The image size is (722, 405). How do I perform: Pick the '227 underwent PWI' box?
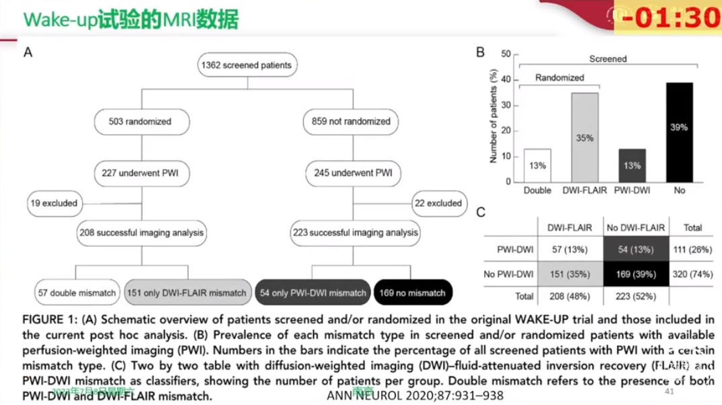140,173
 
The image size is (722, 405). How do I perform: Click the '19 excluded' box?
54,203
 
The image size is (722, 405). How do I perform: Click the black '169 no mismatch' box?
413,293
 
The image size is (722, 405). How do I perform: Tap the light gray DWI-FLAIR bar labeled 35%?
585,137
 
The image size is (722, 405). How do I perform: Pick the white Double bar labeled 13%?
536,165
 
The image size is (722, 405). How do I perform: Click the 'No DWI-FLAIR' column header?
635,228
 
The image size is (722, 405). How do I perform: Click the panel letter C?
481,213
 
